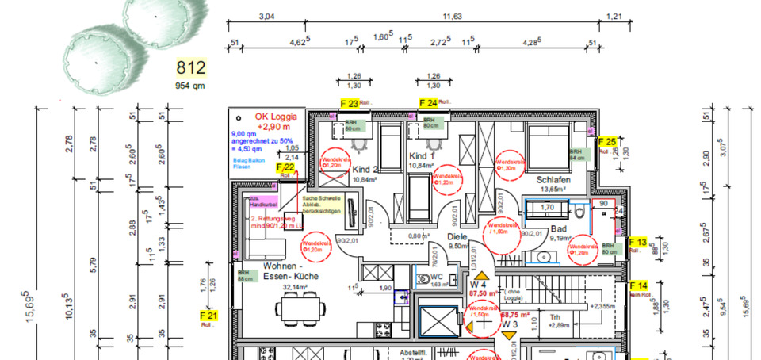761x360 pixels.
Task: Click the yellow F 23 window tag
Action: pos(349,103)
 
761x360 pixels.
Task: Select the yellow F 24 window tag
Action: pos(428,103)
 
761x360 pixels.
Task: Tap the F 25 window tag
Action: pos(606,142)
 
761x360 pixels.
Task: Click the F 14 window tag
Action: pos(638,285)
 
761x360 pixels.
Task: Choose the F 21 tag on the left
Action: pos(208,316)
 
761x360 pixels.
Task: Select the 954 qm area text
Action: pos(190,86)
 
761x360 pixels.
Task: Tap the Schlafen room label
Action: pos(554,180)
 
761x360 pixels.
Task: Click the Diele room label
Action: pos(457,236)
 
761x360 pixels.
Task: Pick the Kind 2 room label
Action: pos(365,170)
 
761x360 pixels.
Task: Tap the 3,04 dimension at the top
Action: pos(266,16)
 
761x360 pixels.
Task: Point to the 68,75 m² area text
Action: pos(516,314)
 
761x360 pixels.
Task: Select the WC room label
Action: pos(435,277)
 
